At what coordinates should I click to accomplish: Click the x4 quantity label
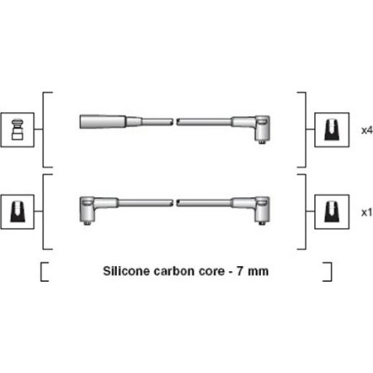(x=367, y=130)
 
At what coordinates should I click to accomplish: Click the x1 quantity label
(x=367, y=212)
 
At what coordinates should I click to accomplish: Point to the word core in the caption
(x=211, y=272)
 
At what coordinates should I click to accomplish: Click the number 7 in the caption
(x=240, y=271)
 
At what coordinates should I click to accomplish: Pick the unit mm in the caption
(x=258, y=273)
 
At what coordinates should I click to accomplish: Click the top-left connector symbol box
(x=17, y=129)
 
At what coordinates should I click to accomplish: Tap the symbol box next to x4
(x=332, y=129)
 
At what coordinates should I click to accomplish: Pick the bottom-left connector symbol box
(x=17, y=211)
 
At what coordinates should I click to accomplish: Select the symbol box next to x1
(x=332, y=211)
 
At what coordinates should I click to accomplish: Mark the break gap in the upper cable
(x=175, y=122)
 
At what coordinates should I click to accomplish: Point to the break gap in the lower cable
(x=175, y=203)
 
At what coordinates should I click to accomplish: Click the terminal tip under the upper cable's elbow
(x=261, y=142)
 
